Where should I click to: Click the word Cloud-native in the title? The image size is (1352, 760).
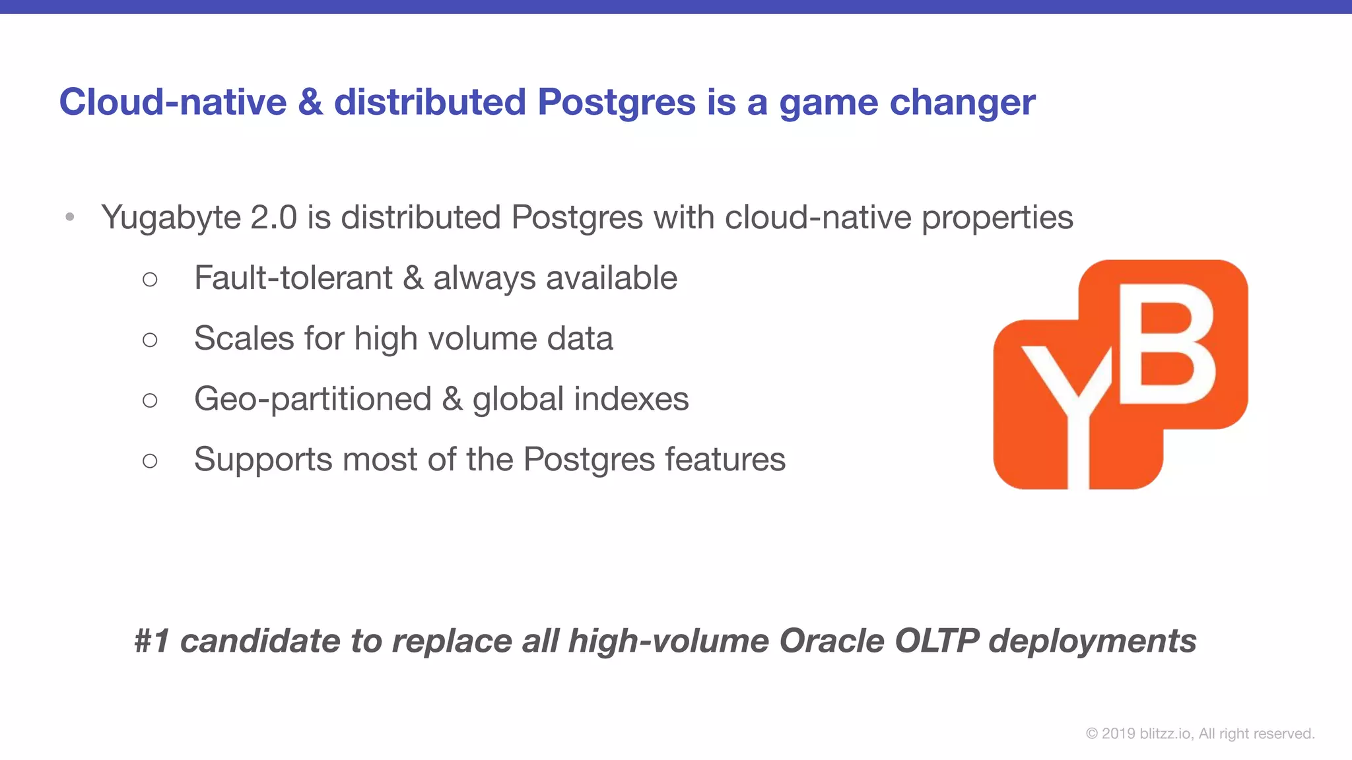(x=173, y=102)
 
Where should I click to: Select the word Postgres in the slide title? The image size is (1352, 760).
(x=617, y=102)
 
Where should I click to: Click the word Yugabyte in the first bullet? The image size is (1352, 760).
(x=171, y=218)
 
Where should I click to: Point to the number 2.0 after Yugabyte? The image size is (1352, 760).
(x=274, y=218)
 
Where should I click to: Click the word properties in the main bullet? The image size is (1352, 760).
(x=997, y=218)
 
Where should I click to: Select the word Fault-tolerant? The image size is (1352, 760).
(x=293, y=278)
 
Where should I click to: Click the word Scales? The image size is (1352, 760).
(x=244, y=338)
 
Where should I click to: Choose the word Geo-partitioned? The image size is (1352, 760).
(x=313, y=399)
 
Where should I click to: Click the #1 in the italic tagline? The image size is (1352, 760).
(x=152, y=641)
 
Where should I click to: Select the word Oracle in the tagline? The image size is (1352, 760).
(x=831, y=641)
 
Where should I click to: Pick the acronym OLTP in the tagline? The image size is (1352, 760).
(x=936, y=641)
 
